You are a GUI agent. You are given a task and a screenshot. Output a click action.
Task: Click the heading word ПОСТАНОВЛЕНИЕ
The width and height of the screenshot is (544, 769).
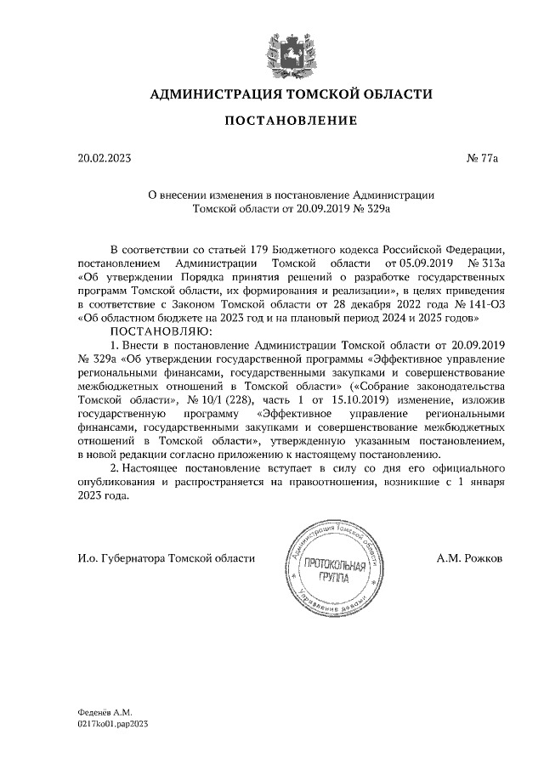pyautogui.click(x=290, y=122)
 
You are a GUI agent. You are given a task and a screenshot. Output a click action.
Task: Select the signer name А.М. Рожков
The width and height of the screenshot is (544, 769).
pyautogui.click(x=469, y=558)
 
